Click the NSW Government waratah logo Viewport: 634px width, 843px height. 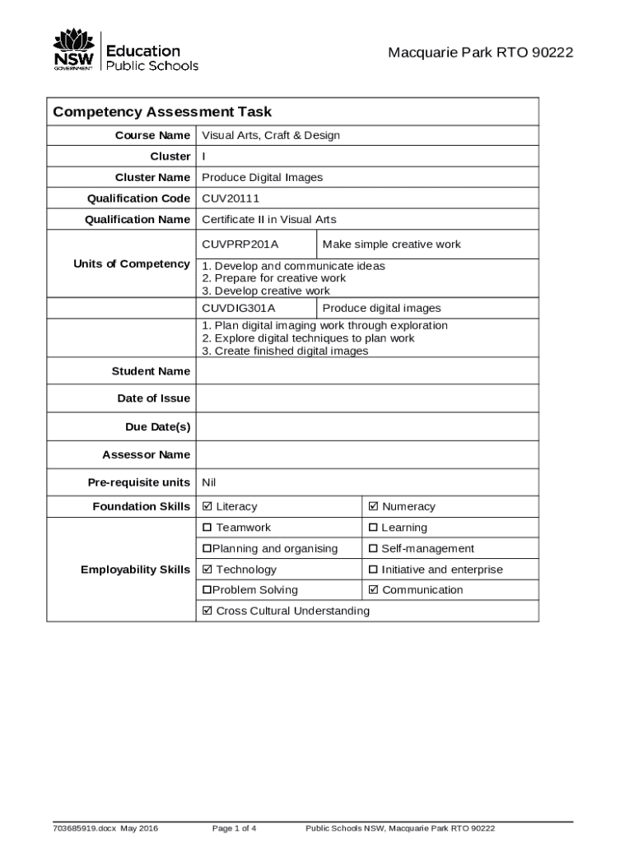(x=73, y=49)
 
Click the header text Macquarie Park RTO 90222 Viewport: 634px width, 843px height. (x=480, y=54)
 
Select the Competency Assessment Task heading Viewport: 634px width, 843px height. (x=162, y=112)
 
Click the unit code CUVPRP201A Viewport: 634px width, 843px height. (x=240, y=245)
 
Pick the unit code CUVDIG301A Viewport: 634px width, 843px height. (x=239, y=309)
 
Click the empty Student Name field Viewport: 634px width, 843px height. (x=366, y=371)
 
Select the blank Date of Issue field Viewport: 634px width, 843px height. (x=366, y=398)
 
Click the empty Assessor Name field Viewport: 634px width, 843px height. (x=366, y=454)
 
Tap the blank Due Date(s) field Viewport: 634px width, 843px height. (x=366, y=426)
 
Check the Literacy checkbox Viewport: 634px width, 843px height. (x=207, y=507)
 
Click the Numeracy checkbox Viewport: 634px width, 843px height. (x=374, y=507)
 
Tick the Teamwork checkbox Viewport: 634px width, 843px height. (x=207, y=528)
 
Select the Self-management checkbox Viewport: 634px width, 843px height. (x=373, y=549)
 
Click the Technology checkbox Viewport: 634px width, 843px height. (x=207, y=570)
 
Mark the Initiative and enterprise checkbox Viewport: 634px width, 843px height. (x=373, y=570)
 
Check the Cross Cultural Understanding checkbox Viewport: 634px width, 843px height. (x=207, y=611)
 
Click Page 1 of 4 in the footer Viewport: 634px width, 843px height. (x=234, y=828)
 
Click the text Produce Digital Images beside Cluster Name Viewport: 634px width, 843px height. (x=263, y=178)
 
